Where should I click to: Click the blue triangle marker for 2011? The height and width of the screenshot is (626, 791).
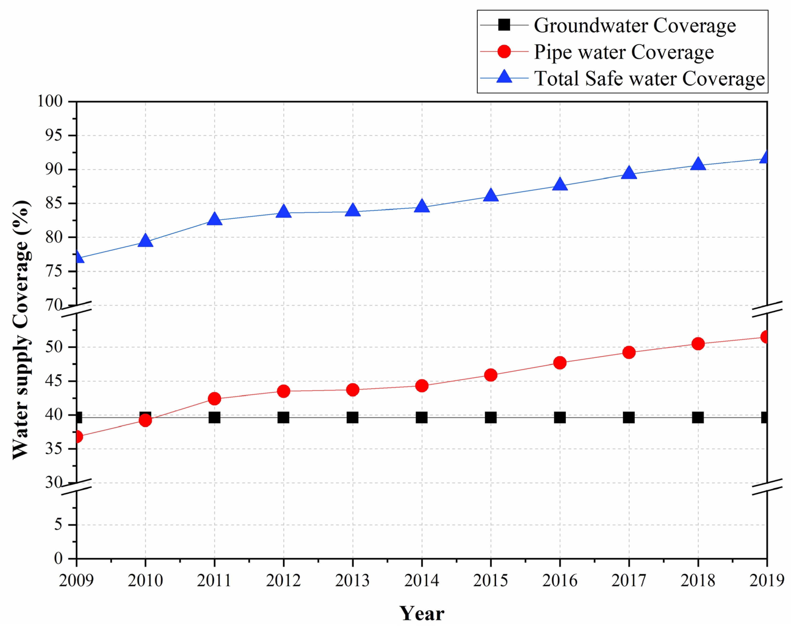pyautogui.click(x=214, y=219)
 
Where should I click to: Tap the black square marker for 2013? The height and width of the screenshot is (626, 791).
pyautogui.click(x=352, y=418)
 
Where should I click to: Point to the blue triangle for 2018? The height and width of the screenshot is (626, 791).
pyautogui.click(x=698, y=164)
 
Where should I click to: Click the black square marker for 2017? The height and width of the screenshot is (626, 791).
pyautogui.click(x=629, y=418)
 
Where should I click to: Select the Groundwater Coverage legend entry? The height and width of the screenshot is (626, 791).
pyautogui.click(x=634, y=26)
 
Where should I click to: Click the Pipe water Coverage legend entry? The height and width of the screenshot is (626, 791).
pyautogui.click(x=623, y=52)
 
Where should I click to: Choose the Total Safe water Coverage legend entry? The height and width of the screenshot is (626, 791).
pyautogui.click(x=649, y=78)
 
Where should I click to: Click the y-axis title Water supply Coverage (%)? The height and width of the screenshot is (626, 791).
pyautogui.click(x=21, y=330)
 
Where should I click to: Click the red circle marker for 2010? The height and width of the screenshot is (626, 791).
pyautogui.click(x=145, y=420)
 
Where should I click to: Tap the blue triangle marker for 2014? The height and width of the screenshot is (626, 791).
pyautogui.click(x=422, y=206)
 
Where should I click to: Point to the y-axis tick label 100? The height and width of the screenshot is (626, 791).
pyautogui.click(x=50, y=101)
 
